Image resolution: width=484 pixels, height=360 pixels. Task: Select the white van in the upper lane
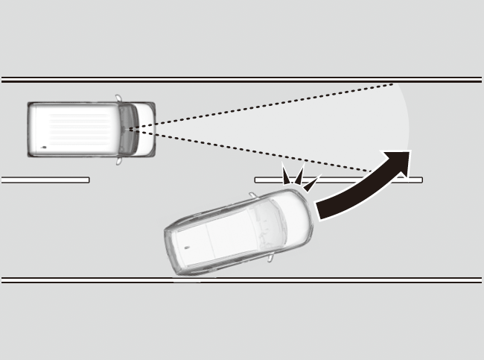(89, 129)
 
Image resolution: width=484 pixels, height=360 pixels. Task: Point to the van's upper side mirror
(120, 98)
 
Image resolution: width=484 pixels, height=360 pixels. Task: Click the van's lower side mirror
(120, 160)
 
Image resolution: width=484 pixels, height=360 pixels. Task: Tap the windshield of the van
(132, 129)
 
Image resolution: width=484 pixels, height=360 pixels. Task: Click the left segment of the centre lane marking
(45, 180)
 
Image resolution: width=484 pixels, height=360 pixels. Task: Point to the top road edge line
(242, 79)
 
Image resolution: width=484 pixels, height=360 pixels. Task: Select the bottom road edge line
(242, 280)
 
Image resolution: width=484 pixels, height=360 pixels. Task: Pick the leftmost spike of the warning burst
(285, 175)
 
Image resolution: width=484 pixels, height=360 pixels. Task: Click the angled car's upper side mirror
(253, 196)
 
